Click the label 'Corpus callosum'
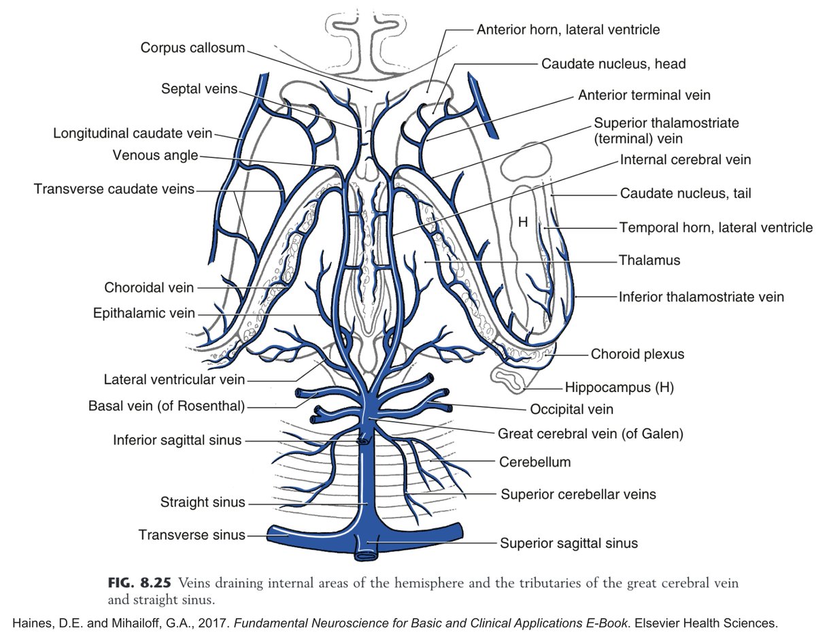(192, 48)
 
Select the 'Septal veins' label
(199, 89)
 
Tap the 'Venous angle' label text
(155, 156)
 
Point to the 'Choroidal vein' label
(149, 288)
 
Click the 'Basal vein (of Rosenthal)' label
(166, 406)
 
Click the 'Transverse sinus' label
(192, 535)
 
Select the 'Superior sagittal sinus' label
(568, 543)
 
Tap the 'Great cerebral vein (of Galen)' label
(590, 433)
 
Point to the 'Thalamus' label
(649, 260)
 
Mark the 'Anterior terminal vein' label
(643, 95)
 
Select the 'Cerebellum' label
(534, 462)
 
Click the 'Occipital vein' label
(571, 409)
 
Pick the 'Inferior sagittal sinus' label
(177, 440)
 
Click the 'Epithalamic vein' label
(144, 314)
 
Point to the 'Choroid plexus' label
(637, 354)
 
